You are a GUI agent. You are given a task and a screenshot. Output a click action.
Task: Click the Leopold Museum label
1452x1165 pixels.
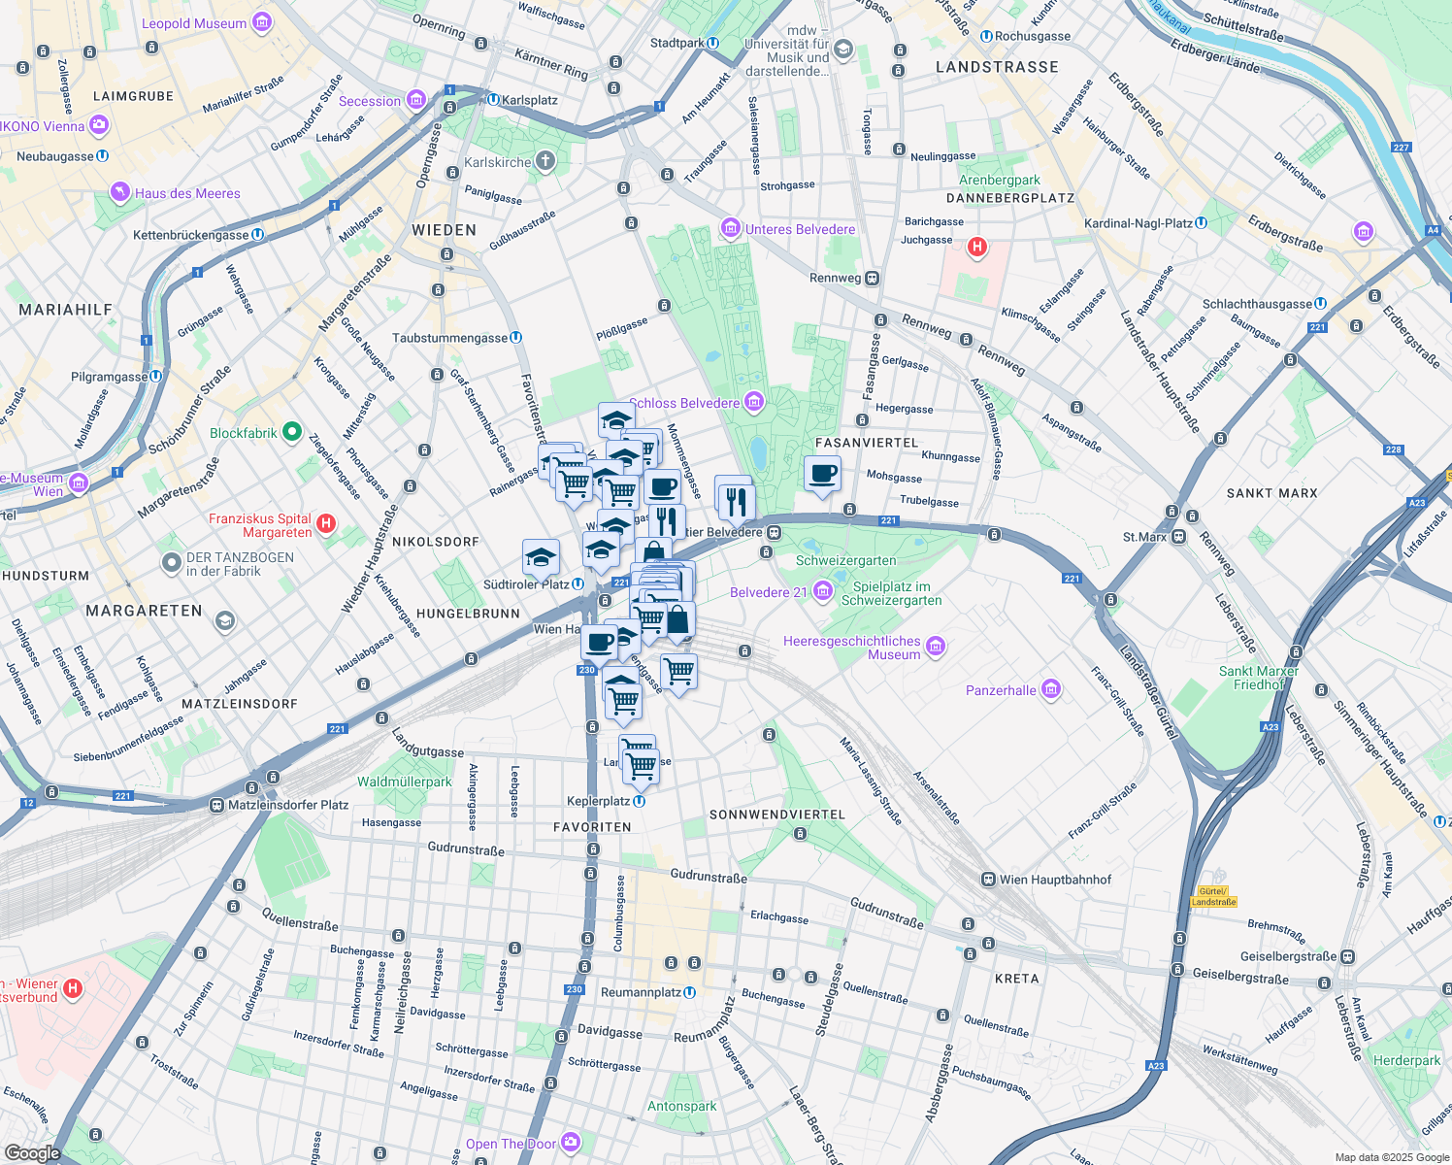194,23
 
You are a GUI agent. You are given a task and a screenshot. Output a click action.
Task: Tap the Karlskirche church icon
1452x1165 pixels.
545,161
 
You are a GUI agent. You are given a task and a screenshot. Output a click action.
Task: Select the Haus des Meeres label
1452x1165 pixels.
187,193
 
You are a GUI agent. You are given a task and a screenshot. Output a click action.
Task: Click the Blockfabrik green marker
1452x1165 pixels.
291,433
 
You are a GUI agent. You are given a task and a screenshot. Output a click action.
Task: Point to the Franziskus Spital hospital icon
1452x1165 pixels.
326,524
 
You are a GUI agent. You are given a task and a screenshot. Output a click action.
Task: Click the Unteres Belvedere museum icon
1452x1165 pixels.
731,229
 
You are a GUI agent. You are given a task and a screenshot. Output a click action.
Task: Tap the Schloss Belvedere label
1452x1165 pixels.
684,403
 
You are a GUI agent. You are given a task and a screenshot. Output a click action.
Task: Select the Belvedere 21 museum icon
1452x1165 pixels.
823,590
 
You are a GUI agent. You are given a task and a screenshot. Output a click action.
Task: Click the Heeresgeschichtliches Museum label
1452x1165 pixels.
851,648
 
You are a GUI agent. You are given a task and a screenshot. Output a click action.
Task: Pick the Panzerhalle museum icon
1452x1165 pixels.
1050,690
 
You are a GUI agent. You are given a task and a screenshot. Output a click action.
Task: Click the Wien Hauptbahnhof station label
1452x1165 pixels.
1055,880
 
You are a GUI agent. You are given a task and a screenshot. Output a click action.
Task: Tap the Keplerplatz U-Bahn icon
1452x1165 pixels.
639,801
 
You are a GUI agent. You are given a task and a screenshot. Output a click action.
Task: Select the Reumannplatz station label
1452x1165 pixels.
641,992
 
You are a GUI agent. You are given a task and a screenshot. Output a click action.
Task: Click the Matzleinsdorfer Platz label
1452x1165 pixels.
287,805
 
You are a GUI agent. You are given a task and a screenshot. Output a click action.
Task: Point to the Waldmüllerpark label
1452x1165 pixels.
404,782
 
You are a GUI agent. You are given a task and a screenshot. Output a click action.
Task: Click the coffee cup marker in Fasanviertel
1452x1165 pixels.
822,475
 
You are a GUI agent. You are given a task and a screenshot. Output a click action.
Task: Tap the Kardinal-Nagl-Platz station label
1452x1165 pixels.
1138,223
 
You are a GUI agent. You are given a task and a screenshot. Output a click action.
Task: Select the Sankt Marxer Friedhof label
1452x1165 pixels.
1258,678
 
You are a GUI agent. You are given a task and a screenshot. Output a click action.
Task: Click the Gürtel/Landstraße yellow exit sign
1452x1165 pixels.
1213,896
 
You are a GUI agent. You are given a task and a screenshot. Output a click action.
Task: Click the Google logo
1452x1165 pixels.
32,1152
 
